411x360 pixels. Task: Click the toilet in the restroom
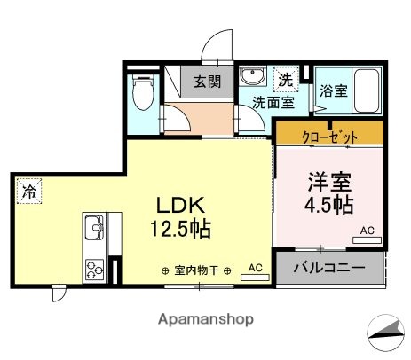[x=143, y=91]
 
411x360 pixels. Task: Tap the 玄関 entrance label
[x=208, y=82]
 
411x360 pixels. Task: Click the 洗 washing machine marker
[x=285, y=80]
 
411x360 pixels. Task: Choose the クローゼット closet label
[x=328, y=137]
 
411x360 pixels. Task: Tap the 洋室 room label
[x=328, y=182]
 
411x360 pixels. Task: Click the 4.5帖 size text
[x=329, y=207]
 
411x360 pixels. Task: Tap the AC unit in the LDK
[x=255, y=270]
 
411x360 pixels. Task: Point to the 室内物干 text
[x=197, y=270]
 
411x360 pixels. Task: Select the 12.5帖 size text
[x=183, y=229]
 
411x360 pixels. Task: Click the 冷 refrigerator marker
[x=28, y=190]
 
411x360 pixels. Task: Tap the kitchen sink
[x=93, y=232]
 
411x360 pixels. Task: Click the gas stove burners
[x=93, y=268]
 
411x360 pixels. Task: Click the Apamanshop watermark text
[x=205, y=317]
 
